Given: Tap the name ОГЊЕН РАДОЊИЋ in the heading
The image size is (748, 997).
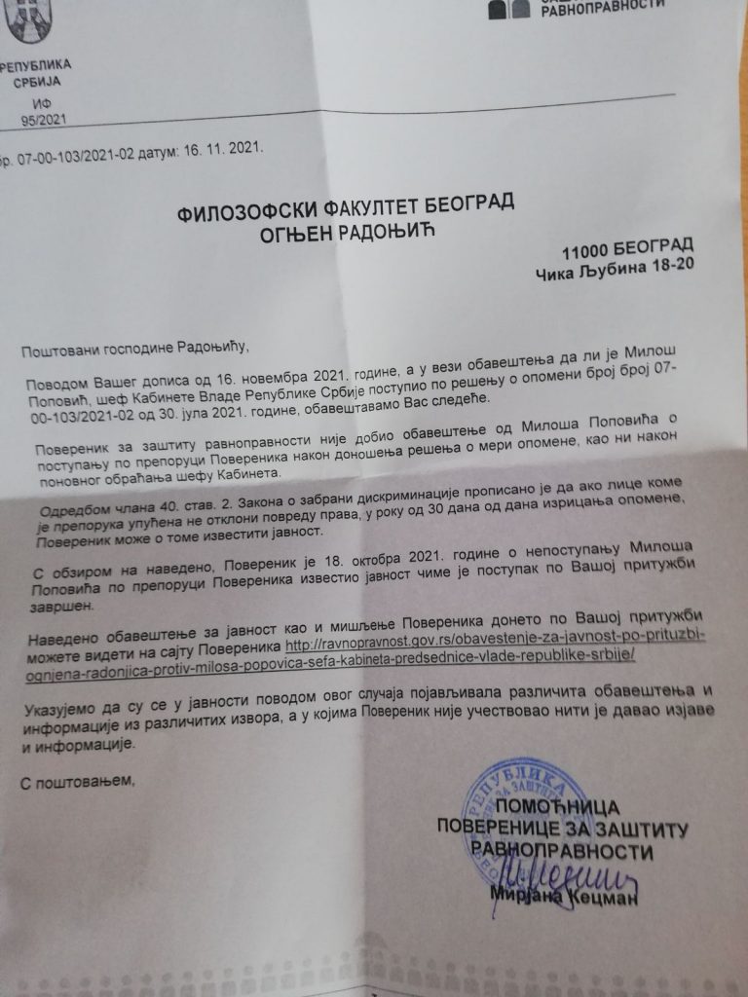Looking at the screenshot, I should (344, 234).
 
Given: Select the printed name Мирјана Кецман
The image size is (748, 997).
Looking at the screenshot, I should (563, 898).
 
